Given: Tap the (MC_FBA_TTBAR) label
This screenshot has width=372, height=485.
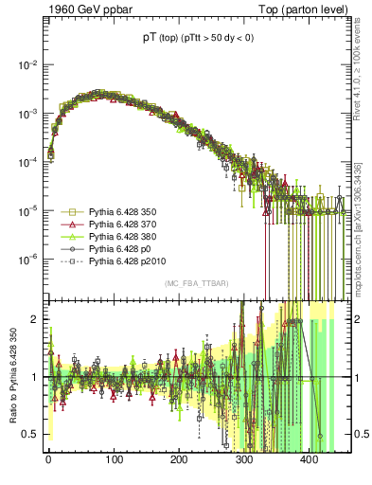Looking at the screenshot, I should (x=195, y=284).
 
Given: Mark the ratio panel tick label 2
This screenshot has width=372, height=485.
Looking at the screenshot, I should (x=35, y=319).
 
